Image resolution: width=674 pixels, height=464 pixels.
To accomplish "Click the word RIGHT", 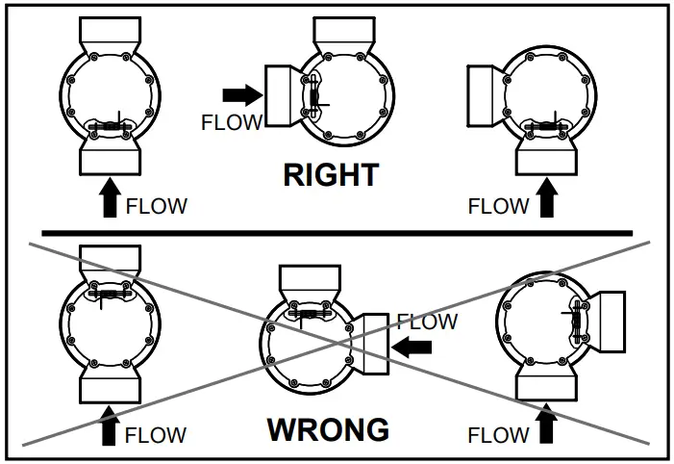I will click(331, 175).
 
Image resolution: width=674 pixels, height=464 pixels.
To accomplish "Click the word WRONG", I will click(328, 429).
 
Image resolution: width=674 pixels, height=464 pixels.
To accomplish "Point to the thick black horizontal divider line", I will click(337, 233).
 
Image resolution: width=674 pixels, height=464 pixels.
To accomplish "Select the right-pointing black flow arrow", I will click(240, 94).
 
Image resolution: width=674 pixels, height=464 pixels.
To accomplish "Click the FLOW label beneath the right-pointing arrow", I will click(231, 122).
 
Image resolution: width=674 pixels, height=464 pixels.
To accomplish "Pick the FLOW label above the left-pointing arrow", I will click(427, 322).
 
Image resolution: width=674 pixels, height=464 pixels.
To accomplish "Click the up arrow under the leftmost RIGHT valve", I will click(110, 202).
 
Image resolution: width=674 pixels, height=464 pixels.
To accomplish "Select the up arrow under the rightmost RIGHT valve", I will click(547, 201).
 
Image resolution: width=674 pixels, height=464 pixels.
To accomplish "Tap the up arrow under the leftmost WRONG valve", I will click(109, 427).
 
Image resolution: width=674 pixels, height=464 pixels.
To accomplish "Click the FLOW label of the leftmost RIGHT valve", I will click(157, 206).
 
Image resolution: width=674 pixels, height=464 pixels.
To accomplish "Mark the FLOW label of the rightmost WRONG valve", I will click(498, 435).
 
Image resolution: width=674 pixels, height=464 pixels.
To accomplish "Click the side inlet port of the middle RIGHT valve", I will click(283, 96).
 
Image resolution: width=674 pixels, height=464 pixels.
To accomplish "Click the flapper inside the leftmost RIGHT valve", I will click(111, 126).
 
